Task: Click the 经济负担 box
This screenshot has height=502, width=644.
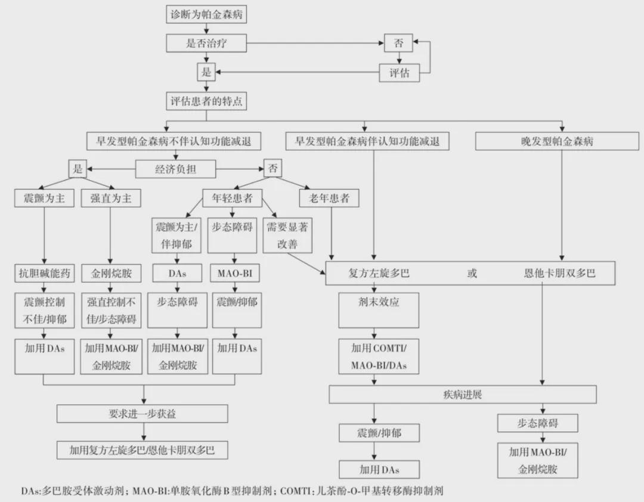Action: click(176, 169)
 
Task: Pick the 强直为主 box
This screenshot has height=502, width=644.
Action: click(110, 199)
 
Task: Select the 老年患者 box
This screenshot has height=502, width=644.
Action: click(329, 199)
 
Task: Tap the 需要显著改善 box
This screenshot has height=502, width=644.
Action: click(288, 236)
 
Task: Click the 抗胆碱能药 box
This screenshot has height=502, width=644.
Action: click(44, 274)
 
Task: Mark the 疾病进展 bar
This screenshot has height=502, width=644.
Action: click(463, 395)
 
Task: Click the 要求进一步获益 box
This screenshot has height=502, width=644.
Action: click(143, 414)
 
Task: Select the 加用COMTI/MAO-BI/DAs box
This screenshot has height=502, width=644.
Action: click(378, 356)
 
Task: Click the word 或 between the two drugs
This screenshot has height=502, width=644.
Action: click(472, 274)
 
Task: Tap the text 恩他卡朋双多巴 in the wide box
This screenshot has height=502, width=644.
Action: click(559, 274)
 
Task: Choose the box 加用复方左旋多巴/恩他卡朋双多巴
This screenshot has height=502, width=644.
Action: click(143, 450)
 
